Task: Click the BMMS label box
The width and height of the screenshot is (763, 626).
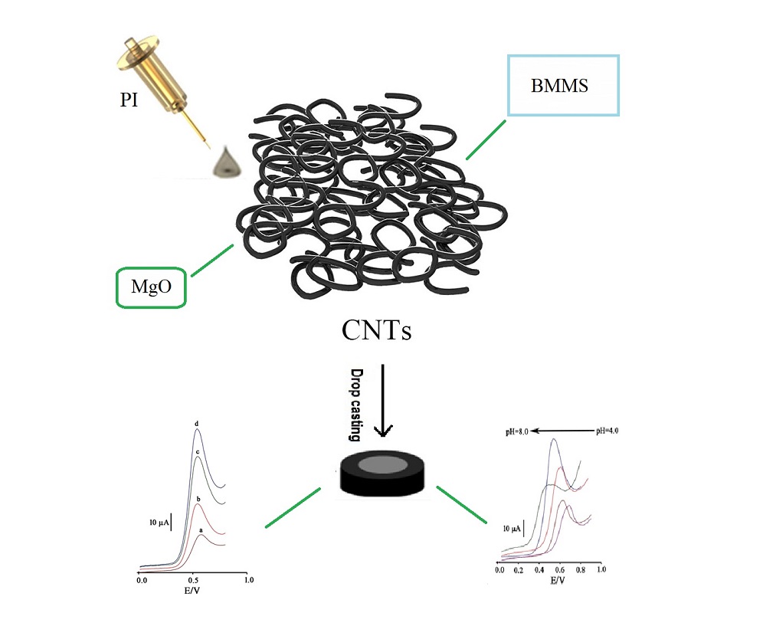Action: click(x=560, y=85)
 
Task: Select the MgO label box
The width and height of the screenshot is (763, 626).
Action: click(x=150, y=287)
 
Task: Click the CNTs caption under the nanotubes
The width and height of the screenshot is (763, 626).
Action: click(x=376, y=331)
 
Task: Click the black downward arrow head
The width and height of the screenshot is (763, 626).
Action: click(x=381, y=430)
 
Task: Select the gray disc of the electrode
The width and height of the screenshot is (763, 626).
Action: click(x=381, y=465)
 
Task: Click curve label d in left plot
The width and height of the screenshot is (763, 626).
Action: click(x=197, y=424)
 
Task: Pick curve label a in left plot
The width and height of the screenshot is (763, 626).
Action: click(x=200, y=529)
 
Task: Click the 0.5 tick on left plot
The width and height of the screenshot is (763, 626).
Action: click(x=195, y=582)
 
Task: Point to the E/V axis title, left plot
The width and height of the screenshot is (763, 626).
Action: click(x=193, y=592)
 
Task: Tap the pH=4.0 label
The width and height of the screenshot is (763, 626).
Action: click(x=607, y=431)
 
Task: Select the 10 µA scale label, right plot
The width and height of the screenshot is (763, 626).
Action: click(x=513, y=529)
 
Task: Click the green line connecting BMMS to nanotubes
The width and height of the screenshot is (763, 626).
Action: click(x=486, y=139)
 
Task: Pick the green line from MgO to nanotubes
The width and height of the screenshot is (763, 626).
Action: click(x=211, y=261)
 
